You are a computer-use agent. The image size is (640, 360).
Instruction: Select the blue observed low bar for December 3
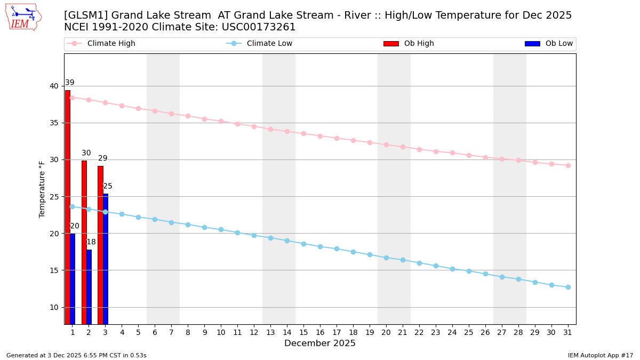point(106,259)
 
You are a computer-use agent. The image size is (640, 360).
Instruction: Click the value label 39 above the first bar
point(70,83)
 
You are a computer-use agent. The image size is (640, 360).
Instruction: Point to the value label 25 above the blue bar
point(108,186)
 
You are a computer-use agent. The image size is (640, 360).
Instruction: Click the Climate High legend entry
point(111,44)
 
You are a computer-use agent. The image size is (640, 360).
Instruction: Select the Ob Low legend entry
point(558,44)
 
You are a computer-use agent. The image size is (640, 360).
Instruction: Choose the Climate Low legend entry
point(269,44)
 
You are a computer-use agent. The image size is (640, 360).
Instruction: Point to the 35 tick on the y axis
point(54,123)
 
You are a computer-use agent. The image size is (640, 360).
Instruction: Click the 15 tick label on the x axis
point(303,332)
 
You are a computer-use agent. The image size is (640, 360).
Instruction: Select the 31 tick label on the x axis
point(568,332)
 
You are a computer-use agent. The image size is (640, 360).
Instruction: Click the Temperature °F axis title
point(42,189)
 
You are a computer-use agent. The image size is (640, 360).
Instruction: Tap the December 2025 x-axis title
point(320,343)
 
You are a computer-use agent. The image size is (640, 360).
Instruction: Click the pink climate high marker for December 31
point(568,165)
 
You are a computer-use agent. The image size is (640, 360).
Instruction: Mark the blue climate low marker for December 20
point(386,258)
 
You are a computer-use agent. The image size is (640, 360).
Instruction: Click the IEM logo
point(23,17)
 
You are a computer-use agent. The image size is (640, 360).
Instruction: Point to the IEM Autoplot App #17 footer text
point(601,355)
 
